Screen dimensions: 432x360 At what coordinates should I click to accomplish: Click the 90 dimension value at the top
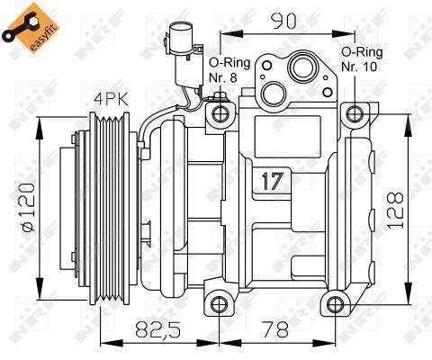283,22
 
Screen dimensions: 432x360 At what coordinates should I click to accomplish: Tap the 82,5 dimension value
157,328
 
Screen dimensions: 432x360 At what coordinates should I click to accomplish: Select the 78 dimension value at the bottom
274,328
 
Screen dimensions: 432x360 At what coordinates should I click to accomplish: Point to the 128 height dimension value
395,211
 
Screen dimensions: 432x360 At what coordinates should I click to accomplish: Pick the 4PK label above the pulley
112,99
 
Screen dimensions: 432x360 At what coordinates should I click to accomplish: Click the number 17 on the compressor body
273,181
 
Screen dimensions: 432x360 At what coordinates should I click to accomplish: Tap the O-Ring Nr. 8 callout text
229,70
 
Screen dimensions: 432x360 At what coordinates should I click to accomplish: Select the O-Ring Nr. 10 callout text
362,59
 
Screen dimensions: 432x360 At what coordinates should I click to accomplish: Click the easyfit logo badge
31,28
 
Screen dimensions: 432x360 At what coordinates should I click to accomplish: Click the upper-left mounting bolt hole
220,113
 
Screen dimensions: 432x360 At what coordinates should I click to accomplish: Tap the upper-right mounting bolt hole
355,113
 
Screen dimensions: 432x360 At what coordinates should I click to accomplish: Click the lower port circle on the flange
273,94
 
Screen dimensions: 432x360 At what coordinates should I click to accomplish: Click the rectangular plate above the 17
288,137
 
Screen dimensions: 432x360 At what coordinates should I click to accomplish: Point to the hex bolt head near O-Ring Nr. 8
220,97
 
